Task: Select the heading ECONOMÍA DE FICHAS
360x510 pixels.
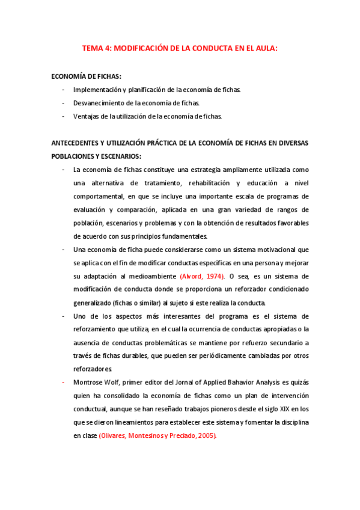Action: pos(87,76)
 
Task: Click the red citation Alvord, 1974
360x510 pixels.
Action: pos(202,275)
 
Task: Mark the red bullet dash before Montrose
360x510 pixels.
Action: pos(63,382)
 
